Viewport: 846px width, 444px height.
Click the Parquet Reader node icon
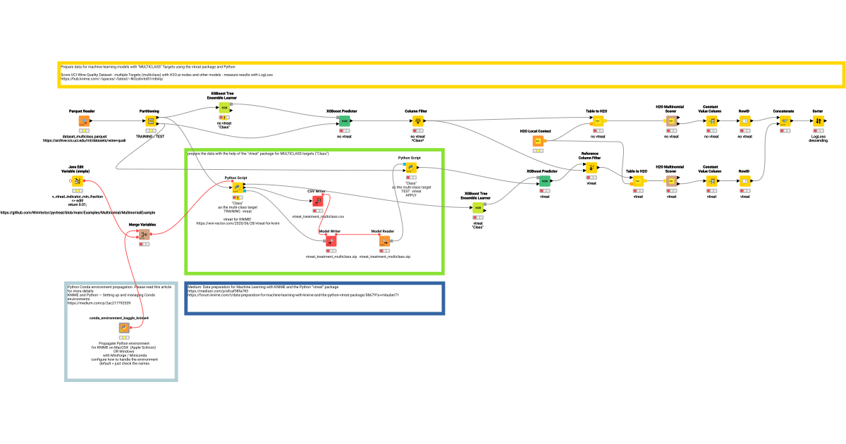coord(83,121)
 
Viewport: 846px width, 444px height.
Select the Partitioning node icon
coord(150,121)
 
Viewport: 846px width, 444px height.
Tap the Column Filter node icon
coord(417,121)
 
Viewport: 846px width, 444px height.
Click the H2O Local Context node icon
coord(538,142)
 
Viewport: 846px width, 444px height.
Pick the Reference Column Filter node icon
coord(591,168)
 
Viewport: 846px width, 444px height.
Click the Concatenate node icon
coord(784,121)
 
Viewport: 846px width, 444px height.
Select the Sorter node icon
coord(818,121)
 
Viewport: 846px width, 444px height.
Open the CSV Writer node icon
coord(317,202)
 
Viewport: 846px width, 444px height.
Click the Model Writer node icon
coord(330,241)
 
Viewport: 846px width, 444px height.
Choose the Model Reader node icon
coord(384,241)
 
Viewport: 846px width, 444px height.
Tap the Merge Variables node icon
coord(144,235)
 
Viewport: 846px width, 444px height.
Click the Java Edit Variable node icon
coord(77,180)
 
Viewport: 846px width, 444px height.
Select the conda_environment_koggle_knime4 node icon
coord(123,328)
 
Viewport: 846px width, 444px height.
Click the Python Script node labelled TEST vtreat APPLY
coord(410,168)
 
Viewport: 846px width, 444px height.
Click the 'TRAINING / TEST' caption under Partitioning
coord(150,135)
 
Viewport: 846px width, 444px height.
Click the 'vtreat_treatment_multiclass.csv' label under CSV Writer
coord(318,216)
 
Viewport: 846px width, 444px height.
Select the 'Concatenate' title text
coord(783,111)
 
